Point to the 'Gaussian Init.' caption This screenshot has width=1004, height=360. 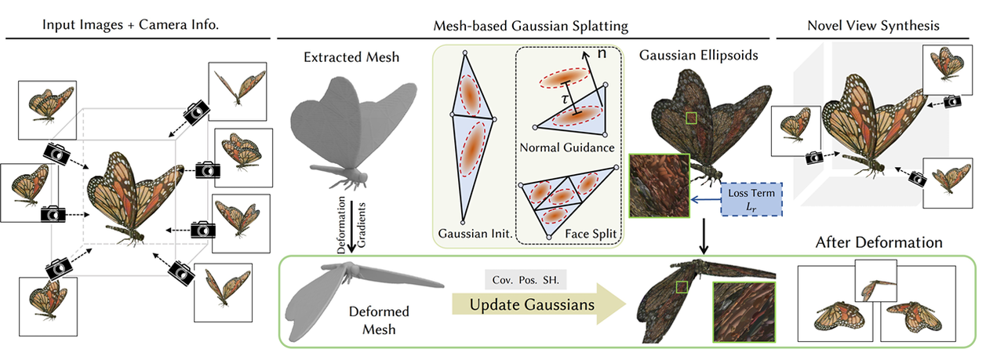point(474,234)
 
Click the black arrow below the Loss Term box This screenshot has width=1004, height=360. point(704,235)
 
